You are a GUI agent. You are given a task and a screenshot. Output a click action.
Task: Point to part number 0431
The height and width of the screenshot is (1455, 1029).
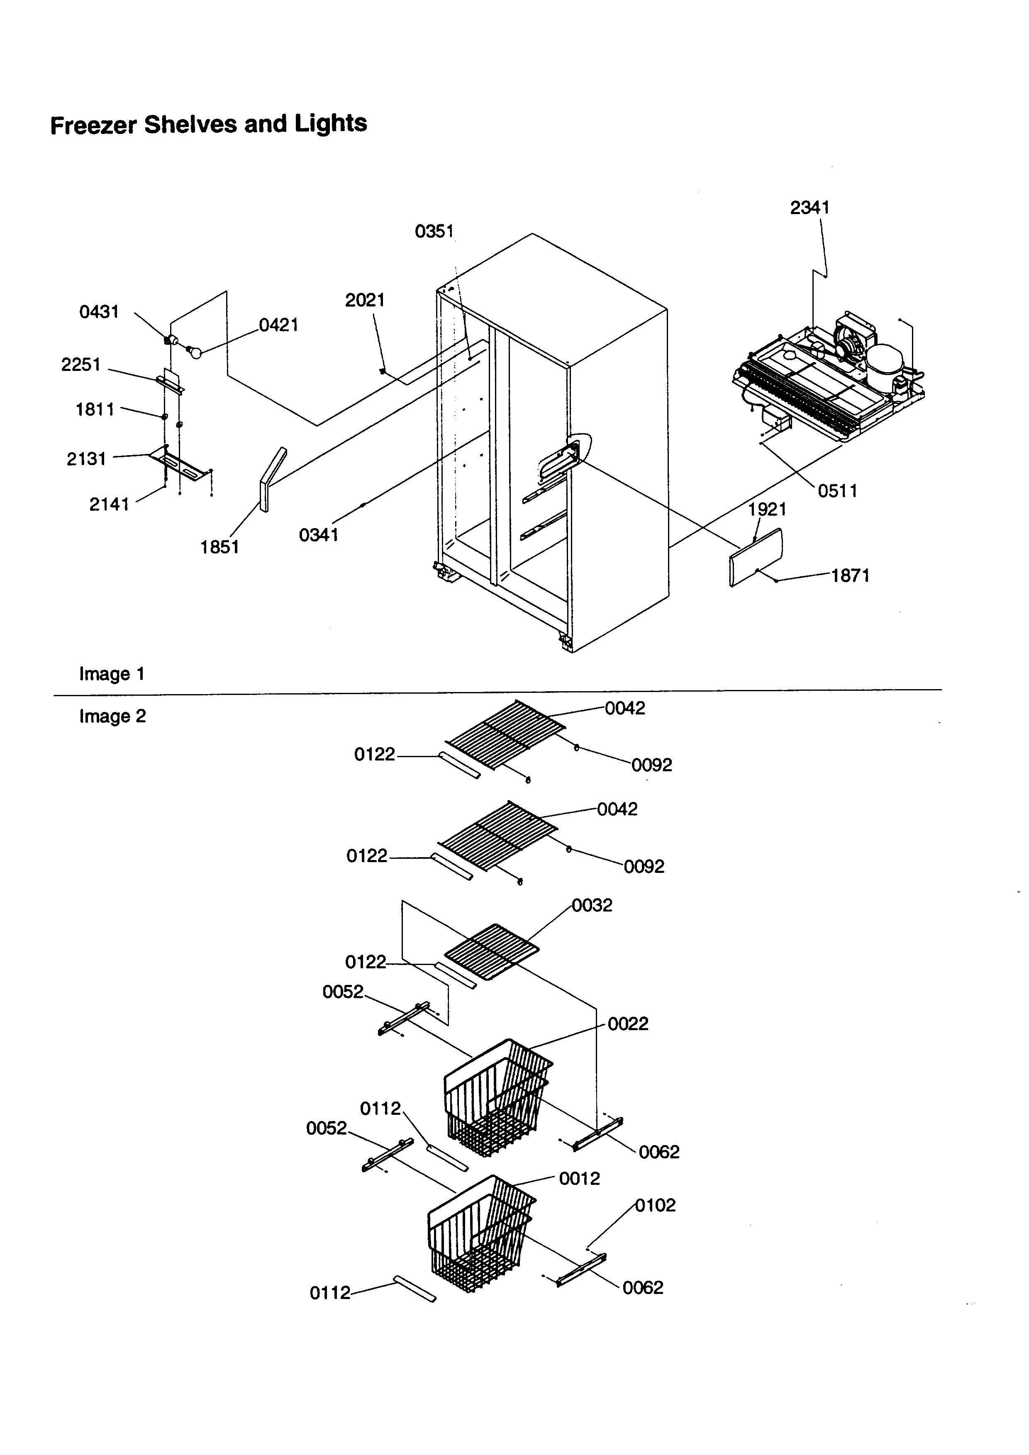click(x=98, y=312)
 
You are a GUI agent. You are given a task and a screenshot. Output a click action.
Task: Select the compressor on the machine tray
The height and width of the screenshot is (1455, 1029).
click(x=885, y=366)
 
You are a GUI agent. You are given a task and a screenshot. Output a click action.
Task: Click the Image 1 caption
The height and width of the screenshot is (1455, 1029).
click(x=112, y=674)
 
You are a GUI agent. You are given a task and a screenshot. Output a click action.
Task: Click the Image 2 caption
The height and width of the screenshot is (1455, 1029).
click(x=112, y=717)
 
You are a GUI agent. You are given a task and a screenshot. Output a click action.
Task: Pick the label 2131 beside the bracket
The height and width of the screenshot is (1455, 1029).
click(x=86, y=459)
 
